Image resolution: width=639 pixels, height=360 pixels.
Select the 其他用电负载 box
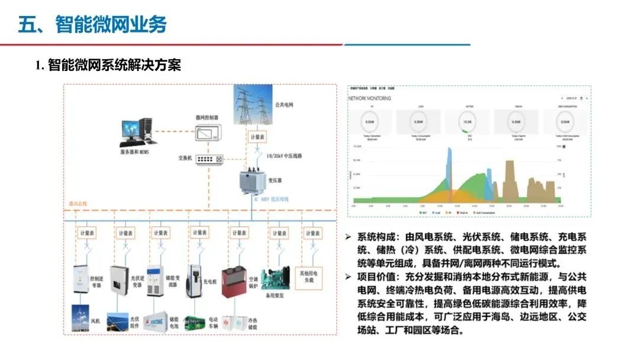(312, 274)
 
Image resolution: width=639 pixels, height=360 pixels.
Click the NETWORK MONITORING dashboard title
(370, 99)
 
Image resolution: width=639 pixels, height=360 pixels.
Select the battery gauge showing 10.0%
(467, 122)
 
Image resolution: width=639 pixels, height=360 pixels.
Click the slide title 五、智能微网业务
(92, 24)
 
